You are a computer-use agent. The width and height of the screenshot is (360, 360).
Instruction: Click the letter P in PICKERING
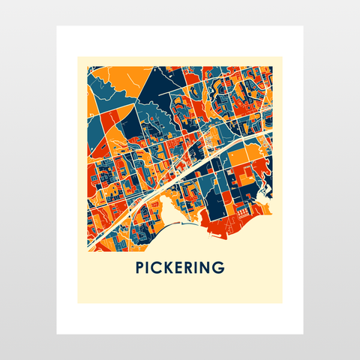point(140,267)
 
